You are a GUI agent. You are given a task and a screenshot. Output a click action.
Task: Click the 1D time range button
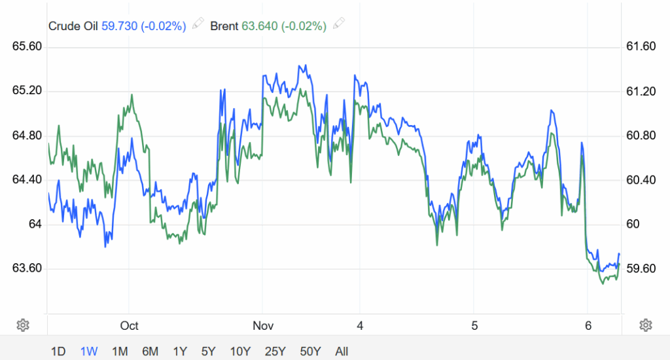(58, 351)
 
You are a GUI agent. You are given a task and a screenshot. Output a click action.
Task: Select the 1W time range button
(88, 351)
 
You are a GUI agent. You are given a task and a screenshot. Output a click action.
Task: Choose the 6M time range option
(150, 351)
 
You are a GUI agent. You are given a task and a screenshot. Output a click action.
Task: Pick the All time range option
(342, 351)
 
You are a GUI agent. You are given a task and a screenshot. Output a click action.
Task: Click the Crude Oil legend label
(73, 26)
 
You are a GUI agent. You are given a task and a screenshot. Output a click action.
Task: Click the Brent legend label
(224, 26)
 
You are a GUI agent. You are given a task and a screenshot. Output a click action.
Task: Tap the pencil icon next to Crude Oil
(197, 26)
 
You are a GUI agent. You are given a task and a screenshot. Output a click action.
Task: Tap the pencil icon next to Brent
(338, 26)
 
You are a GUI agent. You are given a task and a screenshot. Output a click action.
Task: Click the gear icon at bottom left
(23, 325)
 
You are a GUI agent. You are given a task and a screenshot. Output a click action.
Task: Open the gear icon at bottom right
(646, 325)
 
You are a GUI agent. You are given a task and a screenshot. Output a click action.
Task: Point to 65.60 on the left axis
(27, 46)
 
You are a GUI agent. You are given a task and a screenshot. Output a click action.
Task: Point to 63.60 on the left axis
(27, 269)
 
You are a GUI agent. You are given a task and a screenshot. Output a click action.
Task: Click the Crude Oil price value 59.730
(119, 26)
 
